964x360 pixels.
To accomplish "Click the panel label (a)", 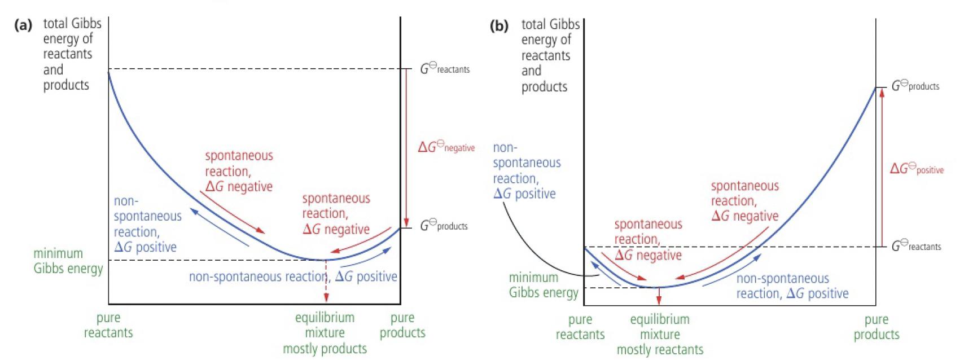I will [x=23, y=25].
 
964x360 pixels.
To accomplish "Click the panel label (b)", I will [x=499, y=26].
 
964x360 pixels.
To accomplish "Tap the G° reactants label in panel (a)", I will [x=445, y=69].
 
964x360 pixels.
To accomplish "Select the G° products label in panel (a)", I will [x=444, y=226].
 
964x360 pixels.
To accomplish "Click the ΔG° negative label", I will [x=446, y=147].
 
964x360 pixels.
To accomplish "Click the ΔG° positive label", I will [x=917, y=168].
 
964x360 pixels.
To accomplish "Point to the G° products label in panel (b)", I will [x=915, y=86].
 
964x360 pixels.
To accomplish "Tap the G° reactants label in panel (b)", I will [x=916, y=246].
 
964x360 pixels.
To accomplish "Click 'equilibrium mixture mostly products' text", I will [x=325, y=333].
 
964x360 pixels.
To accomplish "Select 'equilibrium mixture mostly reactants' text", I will [x=660, y=334].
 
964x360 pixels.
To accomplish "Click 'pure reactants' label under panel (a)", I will [x=108, y=325].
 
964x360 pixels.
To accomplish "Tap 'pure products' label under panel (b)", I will [x=876, y=327].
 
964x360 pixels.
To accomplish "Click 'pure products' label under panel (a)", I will [x=402, y=325].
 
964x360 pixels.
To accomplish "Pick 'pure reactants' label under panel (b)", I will [x=580, y=327].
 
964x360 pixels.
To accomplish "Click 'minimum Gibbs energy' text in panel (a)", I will [x=68, y=261].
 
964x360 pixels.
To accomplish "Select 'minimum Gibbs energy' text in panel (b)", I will [x=544, y=285].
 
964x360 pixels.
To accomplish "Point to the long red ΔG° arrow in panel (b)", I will [x=882, y=167].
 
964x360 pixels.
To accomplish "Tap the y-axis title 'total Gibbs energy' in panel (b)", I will [x=545, y=55].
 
